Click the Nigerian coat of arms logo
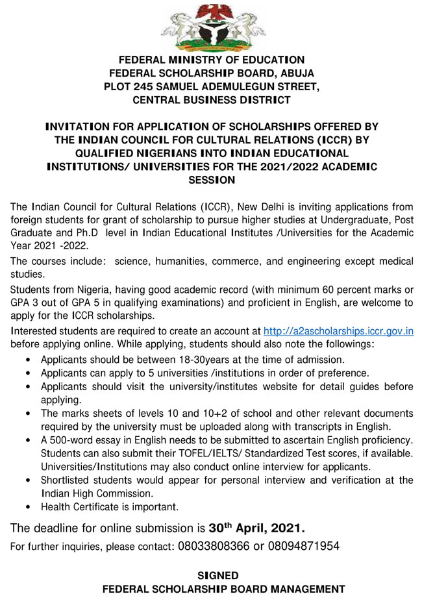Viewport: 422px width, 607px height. point(211,26)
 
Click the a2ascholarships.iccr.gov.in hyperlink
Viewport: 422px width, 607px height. point(338,331)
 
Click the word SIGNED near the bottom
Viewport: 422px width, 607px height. point(218,575)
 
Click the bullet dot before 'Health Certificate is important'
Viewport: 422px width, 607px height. point(25,507)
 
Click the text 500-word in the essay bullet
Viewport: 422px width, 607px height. point(71,440)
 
